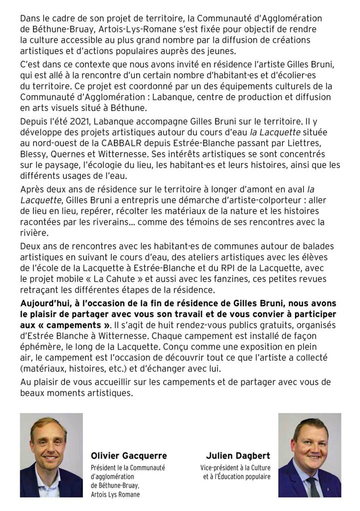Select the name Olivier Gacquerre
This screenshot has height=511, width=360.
[x=128, y=456]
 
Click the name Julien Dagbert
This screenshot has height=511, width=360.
[x=238, y=456]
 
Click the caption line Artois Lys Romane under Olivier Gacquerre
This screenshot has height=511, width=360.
[x=115, y=494]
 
